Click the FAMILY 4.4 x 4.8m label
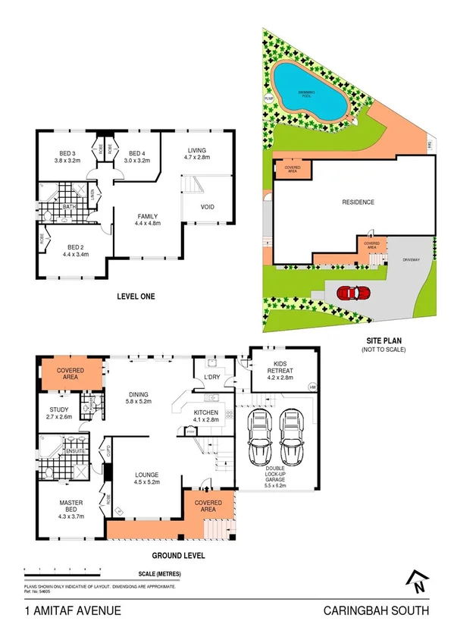point(148,220)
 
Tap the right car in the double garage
point(292,441)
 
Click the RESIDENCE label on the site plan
point(358,202)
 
